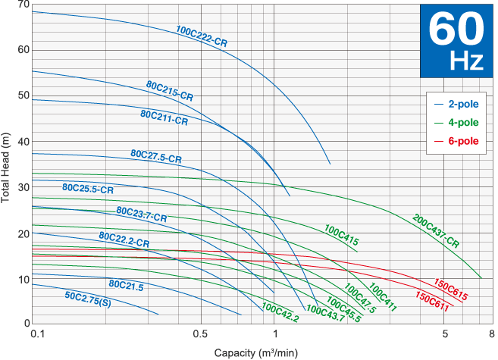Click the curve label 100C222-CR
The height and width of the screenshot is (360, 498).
pyautogui.click(x=202, y=36)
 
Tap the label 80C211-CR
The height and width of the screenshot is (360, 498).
pyautogui.click(x=164, y=117)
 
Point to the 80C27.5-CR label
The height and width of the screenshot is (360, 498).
pyautogui.click(x=156, y=156)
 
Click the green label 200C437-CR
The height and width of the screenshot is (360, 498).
pyautogui.click(x=436, y=232)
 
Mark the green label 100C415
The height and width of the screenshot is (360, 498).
pyautogui.click(x=342, y=234)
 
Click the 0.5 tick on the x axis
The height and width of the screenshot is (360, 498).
pyautogui.click(x=200, y=334)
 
